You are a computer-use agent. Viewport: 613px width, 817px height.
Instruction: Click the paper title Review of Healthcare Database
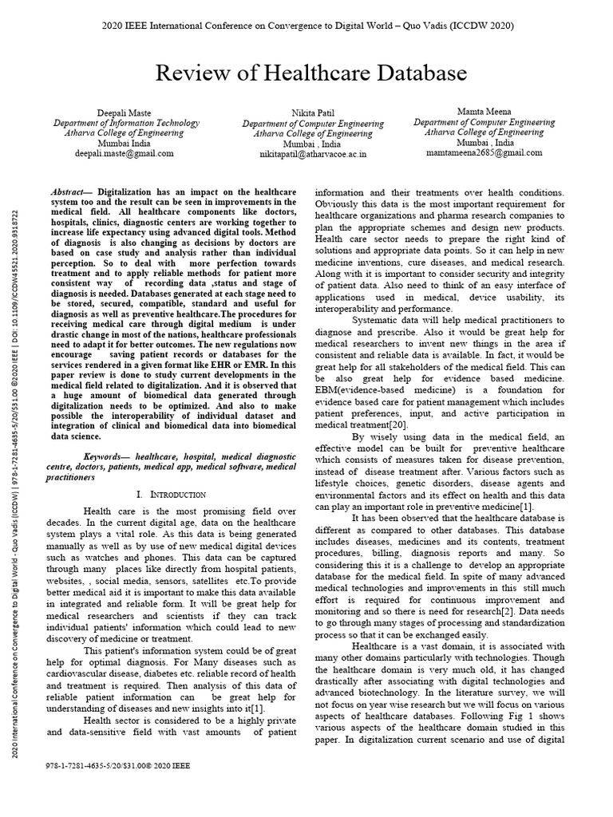click(310, 73)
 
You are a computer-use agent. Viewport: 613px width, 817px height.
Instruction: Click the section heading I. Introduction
click(173, 495)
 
